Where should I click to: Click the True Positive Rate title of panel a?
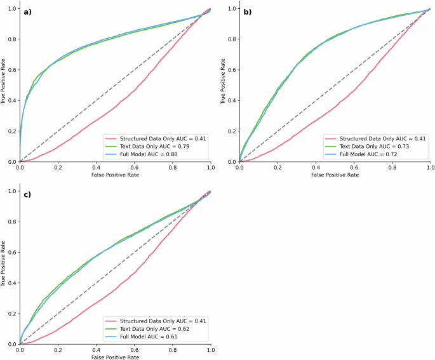point(4,85)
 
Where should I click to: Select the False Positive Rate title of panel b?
point(335,176)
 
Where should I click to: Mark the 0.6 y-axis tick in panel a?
point(12,70)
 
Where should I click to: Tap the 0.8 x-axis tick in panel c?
point(172,350)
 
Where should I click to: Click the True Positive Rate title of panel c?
point(4,267)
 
